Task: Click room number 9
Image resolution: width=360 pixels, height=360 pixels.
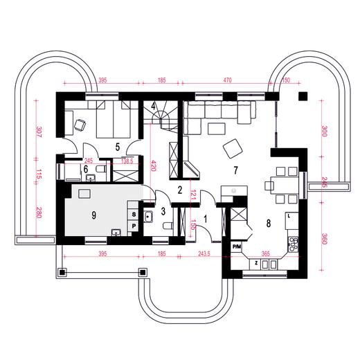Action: [93, 215]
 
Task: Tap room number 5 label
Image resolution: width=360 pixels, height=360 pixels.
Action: [118, 147]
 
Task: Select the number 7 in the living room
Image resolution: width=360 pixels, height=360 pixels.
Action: [235, 170]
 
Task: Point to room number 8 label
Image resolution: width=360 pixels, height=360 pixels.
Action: [269, 223]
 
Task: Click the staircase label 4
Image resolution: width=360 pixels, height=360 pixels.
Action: [153, 107]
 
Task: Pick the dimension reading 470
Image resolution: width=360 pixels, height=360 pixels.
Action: [227, 80]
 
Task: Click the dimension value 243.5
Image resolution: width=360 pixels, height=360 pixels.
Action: [204, 254]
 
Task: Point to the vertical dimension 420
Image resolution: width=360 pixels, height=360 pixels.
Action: [153, 165]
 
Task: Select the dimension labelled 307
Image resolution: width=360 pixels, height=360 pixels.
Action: [39, 132]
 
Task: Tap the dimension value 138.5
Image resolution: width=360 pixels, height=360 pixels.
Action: [127, 161]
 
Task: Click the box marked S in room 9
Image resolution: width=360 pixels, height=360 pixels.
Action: [134, 215]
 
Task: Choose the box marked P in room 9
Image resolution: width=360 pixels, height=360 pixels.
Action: [134, 226]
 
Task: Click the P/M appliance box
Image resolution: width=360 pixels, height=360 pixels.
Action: [236, 247]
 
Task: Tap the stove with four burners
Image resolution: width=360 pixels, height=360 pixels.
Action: [293, 244]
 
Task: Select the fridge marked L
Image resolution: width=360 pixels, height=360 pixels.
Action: [291, 220]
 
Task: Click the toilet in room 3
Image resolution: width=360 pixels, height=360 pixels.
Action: [168, 226]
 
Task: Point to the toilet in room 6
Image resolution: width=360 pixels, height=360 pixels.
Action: [100, 169]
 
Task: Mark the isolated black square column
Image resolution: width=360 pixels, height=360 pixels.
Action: [303, 96]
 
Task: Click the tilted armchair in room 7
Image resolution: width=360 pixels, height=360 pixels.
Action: [233, 149]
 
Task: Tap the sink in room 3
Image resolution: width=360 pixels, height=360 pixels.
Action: [148, 217]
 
